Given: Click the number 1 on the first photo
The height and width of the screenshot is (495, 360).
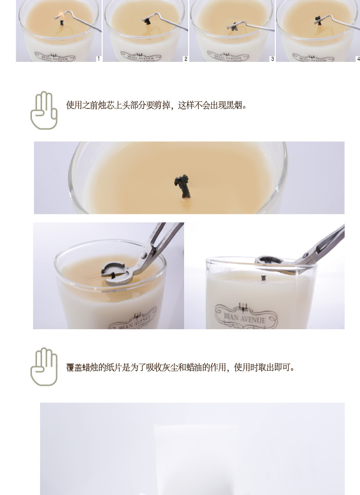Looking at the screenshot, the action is [98, 59].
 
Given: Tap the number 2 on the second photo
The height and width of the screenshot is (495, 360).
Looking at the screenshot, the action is [186, 59].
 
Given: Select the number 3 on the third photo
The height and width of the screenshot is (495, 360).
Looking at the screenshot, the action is [272, 59].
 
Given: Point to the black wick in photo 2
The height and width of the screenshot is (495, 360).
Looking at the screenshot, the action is [147, 21].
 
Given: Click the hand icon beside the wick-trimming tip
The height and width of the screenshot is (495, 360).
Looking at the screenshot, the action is [44, 110].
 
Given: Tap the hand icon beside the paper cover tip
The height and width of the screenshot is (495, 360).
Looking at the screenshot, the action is [44, 367].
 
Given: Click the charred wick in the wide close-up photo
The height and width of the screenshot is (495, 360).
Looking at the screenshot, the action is [183, 186].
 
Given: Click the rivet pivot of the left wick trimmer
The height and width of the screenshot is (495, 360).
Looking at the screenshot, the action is [143, 255].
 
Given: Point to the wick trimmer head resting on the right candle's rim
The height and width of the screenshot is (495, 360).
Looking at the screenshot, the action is [269, 260].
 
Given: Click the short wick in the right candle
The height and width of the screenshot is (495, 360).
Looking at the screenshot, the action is [264, 278].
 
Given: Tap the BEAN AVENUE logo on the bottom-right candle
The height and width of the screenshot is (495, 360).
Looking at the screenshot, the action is [245, 315].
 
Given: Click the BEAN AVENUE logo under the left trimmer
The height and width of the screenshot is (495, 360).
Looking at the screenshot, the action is [133, 320].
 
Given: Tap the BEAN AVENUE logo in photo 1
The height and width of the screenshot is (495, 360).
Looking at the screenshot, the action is [55, 57].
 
